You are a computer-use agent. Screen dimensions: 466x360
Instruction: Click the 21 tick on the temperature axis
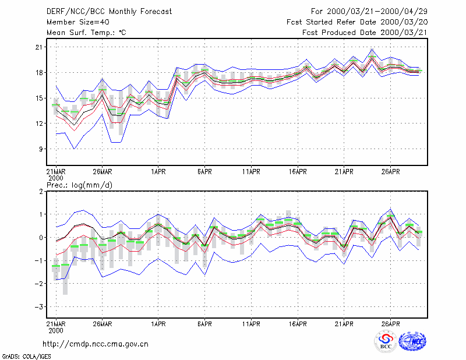point(39,47)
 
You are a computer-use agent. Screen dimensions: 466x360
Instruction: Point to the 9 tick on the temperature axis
point(41,149)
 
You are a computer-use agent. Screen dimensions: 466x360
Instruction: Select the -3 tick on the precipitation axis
point(39,307)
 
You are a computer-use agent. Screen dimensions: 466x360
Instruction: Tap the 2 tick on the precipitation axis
point(41,192)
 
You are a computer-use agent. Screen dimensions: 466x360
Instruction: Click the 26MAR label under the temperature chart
point(103,172)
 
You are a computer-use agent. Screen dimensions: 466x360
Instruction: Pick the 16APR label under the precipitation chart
point(298,324)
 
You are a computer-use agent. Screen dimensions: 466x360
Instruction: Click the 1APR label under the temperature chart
point(158,172)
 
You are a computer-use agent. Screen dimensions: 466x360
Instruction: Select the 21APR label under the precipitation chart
point(344,324)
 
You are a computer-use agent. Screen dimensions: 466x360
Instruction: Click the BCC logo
point(386,341)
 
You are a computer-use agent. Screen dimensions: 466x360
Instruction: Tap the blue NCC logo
point(412,341)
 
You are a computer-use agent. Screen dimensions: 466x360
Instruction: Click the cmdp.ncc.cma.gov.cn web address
point(96,344)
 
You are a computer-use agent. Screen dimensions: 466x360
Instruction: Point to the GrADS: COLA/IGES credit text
point(27,357)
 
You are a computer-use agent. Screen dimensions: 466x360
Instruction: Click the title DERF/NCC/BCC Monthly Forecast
point(109,12)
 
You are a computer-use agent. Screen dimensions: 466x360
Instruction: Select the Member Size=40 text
point(78,22)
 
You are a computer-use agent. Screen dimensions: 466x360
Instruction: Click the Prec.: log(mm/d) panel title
point(79,185)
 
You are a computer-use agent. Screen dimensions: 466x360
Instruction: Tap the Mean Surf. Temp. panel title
point(86,33)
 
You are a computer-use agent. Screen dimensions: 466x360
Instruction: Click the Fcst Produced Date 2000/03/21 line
point(365,33)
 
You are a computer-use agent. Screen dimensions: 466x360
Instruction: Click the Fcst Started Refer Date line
point(357,22)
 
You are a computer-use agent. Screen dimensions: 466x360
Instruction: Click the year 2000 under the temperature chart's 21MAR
point(56,178)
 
